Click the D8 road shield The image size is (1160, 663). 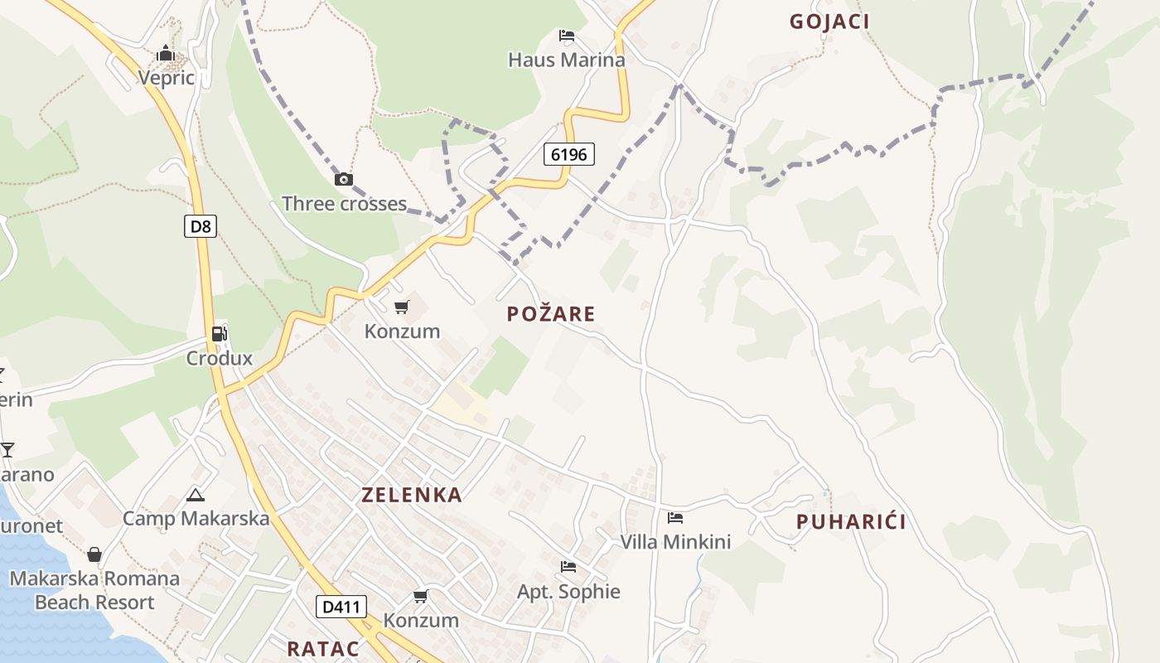[200, 226]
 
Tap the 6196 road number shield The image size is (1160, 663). [569, 154]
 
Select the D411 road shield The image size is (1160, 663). [341, 607]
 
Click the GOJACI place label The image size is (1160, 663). [829, 22]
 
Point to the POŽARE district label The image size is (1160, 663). [551, 313]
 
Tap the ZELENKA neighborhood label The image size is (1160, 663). [412, 495]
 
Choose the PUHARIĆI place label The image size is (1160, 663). [851, 521]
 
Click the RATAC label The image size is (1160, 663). [323, 648]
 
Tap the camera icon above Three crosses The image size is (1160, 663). [343, 179]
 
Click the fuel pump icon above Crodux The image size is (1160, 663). [220, 334]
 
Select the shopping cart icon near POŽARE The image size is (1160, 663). [402, 307]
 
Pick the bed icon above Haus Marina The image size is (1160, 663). [567, 36]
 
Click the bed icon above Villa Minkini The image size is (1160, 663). [675, 518]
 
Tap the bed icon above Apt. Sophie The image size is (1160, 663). [568, 567]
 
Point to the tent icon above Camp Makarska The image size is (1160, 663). [196, 496]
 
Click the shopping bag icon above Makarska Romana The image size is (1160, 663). [94, 554]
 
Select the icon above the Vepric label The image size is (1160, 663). [166, 54]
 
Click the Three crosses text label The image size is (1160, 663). [344, 203]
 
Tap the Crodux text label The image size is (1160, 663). [219, 359]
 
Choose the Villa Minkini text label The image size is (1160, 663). [675, 542]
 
